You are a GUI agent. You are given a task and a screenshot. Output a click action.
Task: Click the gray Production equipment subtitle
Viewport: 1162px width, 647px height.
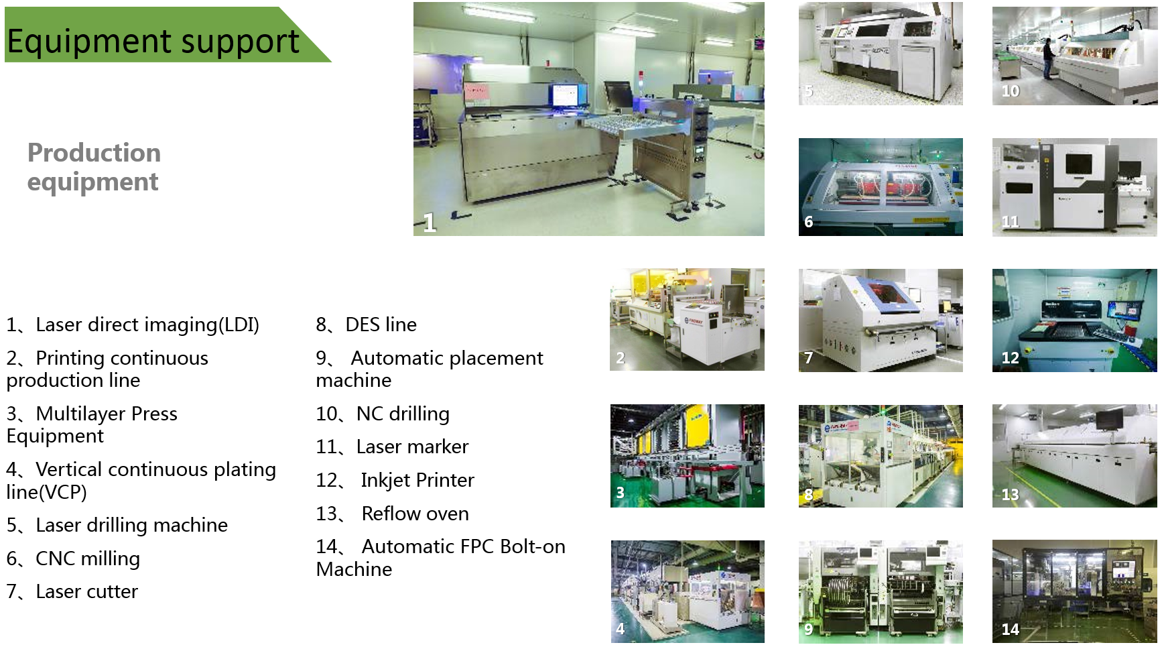[x=94, y=167]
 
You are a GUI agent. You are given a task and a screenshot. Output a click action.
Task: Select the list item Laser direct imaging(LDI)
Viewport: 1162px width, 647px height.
[x=133, y=325]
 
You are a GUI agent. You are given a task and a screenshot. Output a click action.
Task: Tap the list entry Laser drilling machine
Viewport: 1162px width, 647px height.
[x=117, y=525]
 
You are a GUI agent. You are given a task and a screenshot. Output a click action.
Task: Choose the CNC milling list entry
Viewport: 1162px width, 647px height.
[x=73, y=558]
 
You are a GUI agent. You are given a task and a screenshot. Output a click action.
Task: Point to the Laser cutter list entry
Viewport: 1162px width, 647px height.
[x=72, y=591]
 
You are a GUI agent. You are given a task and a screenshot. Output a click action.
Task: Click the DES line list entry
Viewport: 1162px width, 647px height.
[x=367, y=325]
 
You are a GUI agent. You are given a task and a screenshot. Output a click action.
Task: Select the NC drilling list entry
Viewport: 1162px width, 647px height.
[x=383, y=414]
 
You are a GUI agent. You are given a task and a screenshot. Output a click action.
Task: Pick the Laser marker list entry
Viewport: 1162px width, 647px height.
[x=392, y=447]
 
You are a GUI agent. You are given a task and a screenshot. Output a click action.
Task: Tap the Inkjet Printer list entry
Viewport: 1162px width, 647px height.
[x=395, y=480]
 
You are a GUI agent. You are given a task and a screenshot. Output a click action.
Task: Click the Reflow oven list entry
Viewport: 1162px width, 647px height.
[x=392, y=514]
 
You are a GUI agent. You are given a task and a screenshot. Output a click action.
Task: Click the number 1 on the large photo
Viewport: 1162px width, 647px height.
[x=430, y=223]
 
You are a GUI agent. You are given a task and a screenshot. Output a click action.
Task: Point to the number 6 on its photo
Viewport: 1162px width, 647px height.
[x=809, y=222]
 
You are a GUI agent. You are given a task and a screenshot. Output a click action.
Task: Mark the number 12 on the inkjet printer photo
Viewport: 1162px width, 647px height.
[x=1010, y=358]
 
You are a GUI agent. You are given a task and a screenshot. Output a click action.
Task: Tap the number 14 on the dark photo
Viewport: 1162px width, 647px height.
[x=1010, y=629]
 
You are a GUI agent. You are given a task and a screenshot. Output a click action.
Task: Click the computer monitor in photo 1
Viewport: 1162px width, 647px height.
[x=564, y=95]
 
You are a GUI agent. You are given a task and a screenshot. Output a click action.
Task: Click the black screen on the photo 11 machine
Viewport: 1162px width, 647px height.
[x=1079, y=164]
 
